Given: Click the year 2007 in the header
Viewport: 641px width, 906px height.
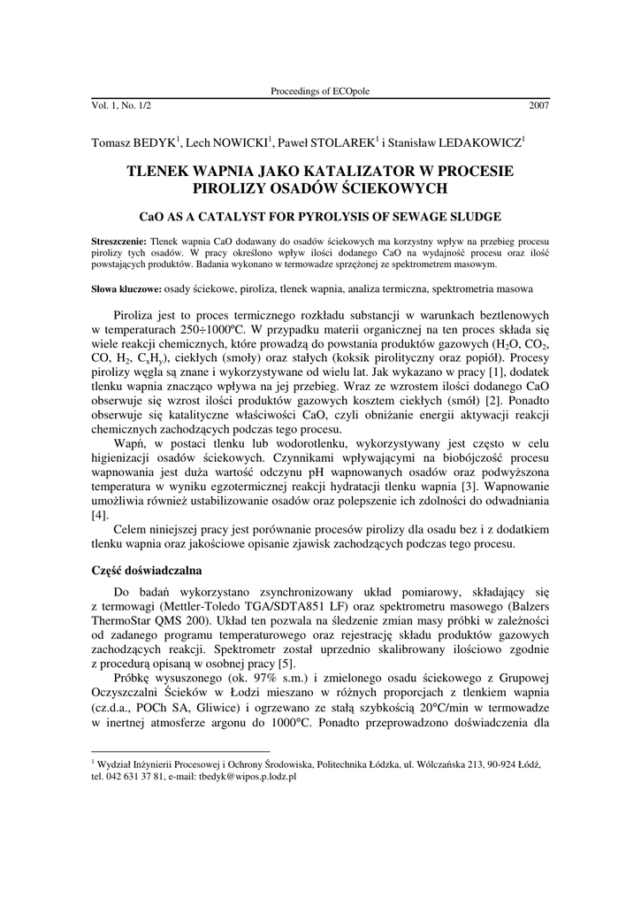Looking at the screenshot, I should (538, 105).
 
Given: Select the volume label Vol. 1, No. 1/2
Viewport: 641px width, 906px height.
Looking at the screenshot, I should (121, 105).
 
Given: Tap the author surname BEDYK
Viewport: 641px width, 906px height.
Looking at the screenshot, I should (156, 141).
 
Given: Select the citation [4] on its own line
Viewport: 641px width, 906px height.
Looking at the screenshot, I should (101, 514).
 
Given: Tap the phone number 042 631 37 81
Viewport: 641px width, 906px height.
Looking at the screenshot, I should (134, 775).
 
